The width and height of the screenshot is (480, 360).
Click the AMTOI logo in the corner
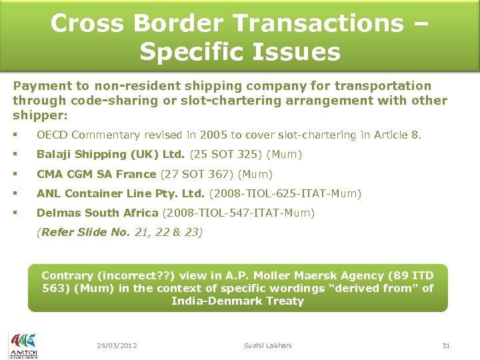(x=23, y=345)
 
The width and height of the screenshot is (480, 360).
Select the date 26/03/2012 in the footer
(x=117, y=345)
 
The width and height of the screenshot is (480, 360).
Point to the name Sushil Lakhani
(x=267, y=345)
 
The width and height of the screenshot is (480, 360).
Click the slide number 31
(x=446, y=345)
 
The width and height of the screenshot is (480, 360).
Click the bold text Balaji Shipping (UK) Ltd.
(x=111, y=155)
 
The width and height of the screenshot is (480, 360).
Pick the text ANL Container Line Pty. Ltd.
(x=121, y=194)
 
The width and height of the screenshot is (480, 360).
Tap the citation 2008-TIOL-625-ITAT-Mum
(x=285, y=194)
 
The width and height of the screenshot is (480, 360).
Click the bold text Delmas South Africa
(x=97, y=213)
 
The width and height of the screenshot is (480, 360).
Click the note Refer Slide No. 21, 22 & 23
(x=120, y=232)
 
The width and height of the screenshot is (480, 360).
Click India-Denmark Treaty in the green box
(x=237, y=301)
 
